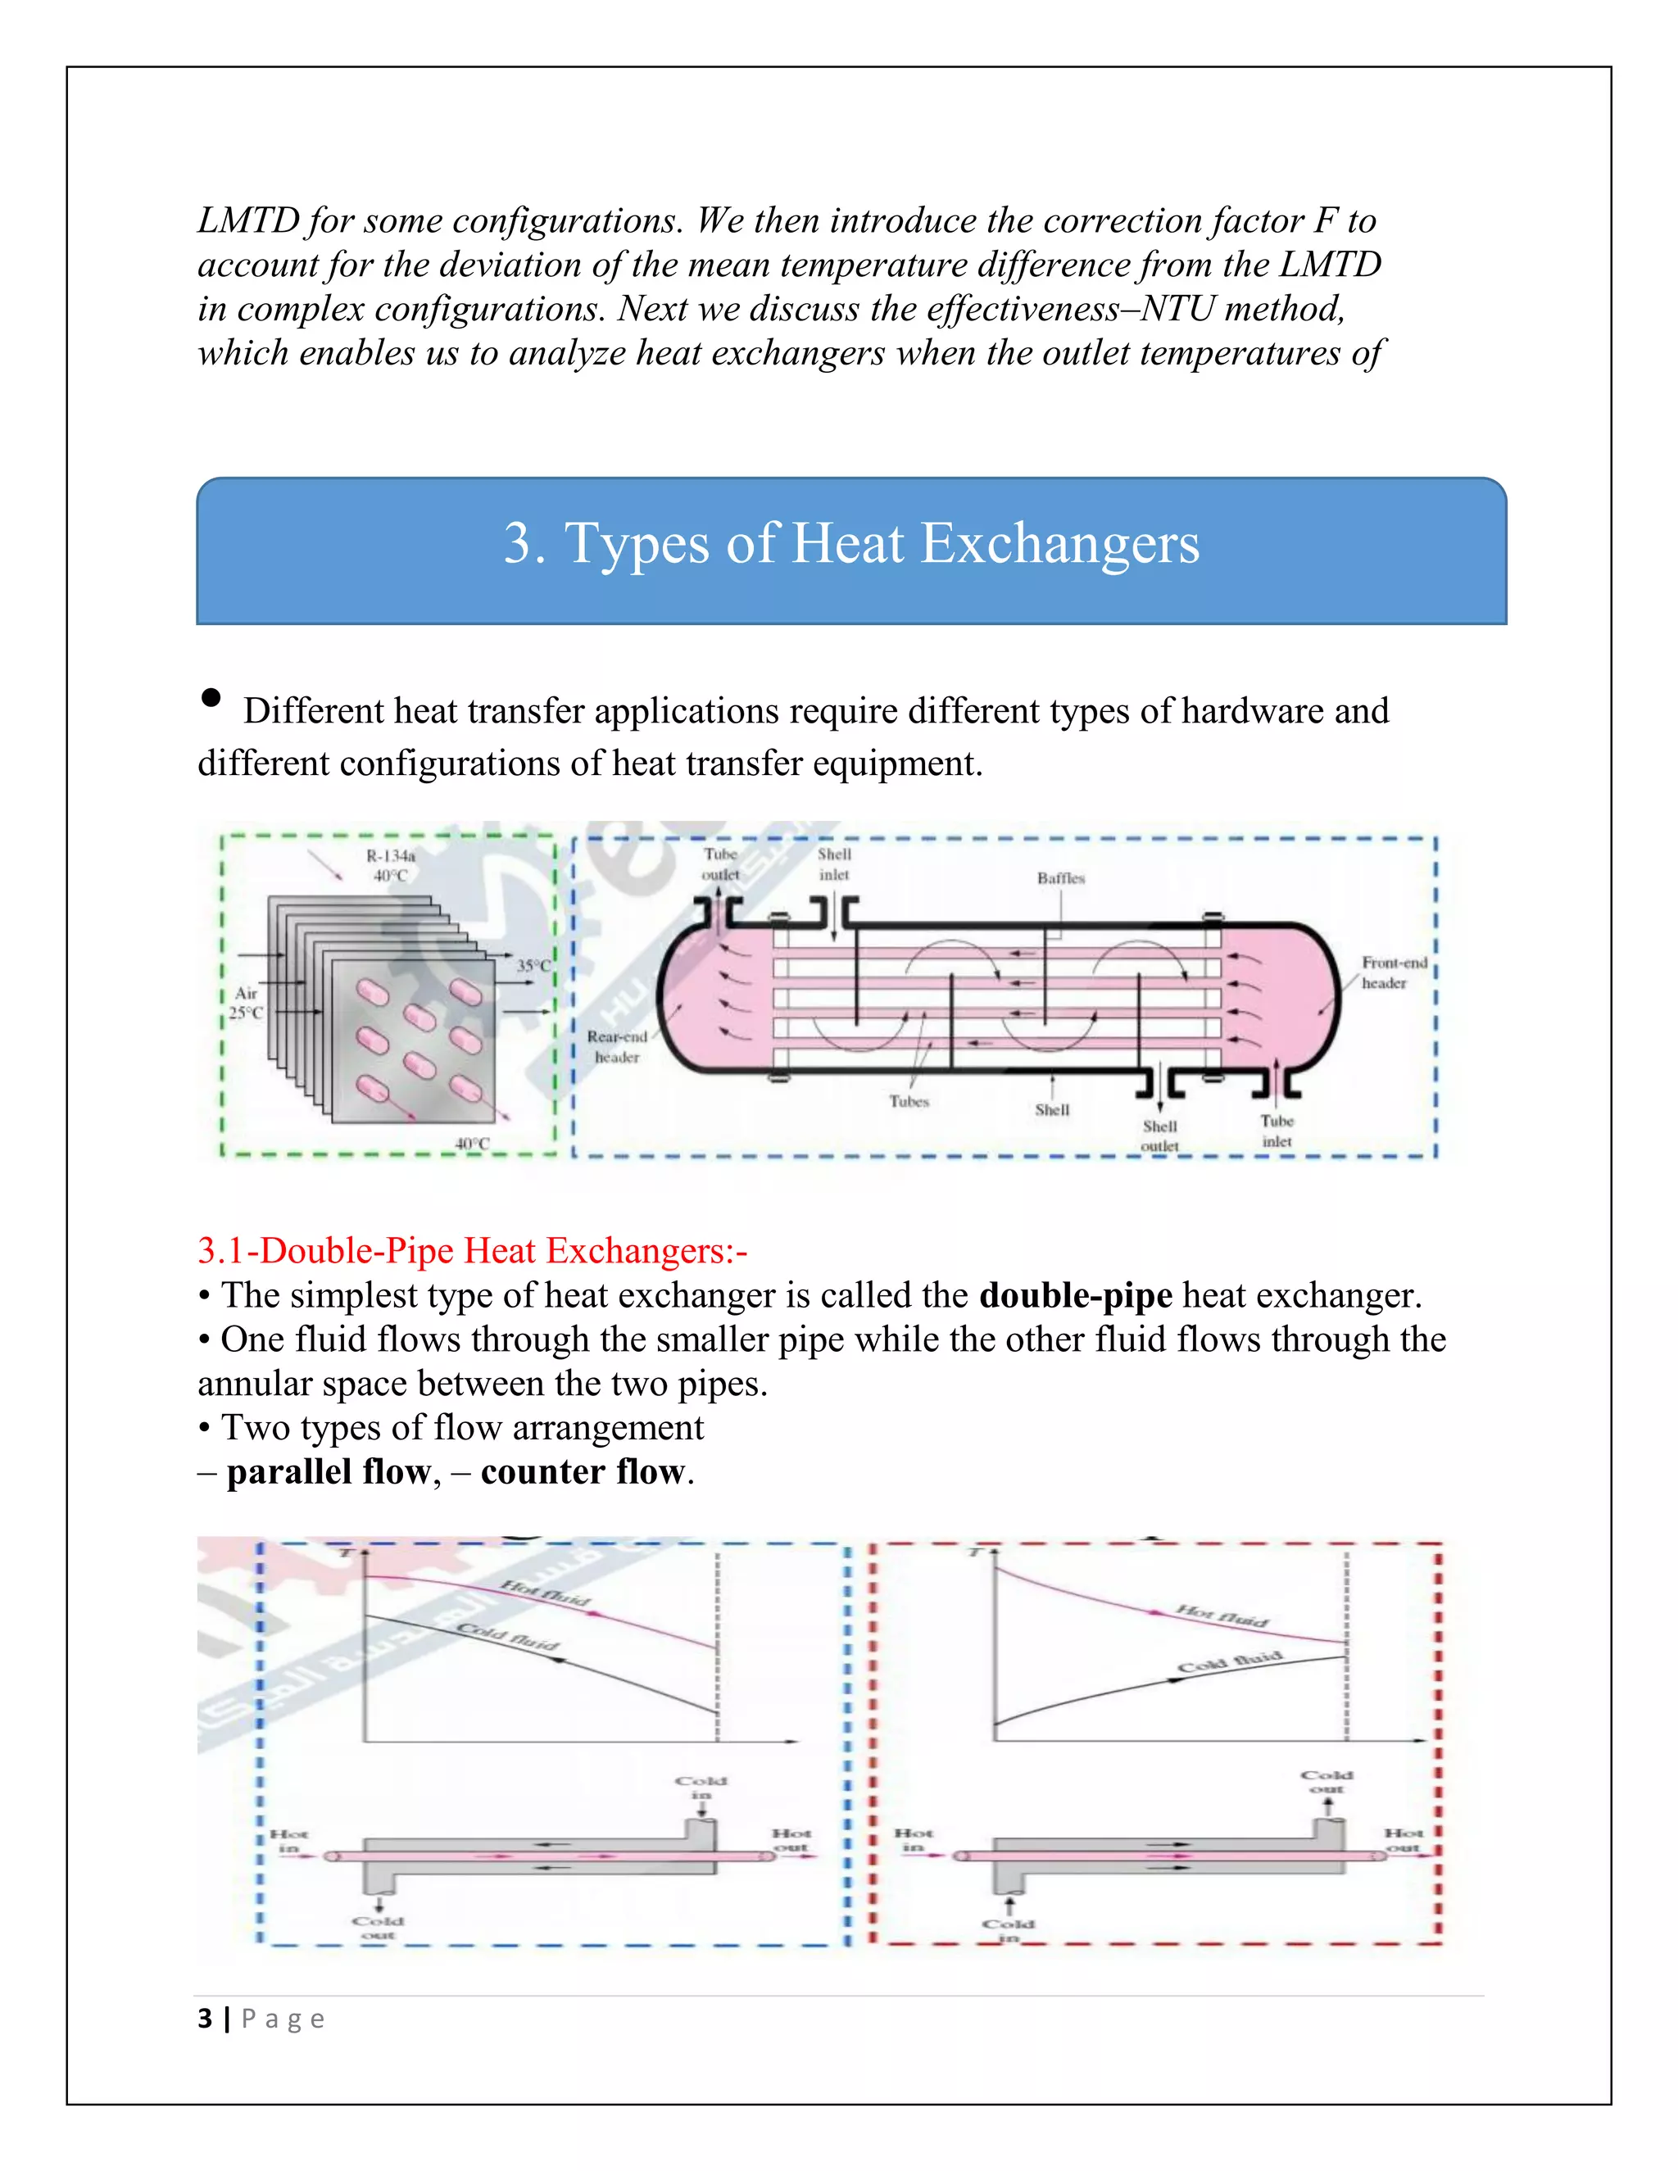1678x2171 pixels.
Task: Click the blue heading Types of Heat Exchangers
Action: (x=851, y=544)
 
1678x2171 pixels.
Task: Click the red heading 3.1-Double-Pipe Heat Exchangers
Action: (x=471, y=1250)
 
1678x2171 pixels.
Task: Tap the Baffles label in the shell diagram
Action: (x=1061, y=879)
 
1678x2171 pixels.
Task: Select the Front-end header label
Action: (x=1393, y=972)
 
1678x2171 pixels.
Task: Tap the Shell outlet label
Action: (x=1159, y=1135)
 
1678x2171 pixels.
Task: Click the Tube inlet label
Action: (x=1277, y=1131)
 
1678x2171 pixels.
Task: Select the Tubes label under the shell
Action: (x=909, y=1101)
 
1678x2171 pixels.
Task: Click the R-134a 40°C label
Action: (x=391, y=866)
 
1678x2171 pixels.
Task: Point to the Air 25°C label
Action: (x=246, y=1003)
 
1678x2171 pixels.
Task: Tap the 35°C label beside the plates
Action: (x=533, y=965)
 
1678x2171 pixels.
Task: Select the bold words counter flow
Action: (x=583, y=1472)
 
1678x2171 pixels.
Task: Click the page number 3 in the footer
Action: (x=205, y=2019)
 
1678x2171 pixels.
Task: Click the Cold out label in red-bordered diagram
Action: (x=1327, y=1781)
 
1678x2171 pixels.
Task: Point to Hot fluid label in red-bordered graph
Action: (x=1222, y=1616)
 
